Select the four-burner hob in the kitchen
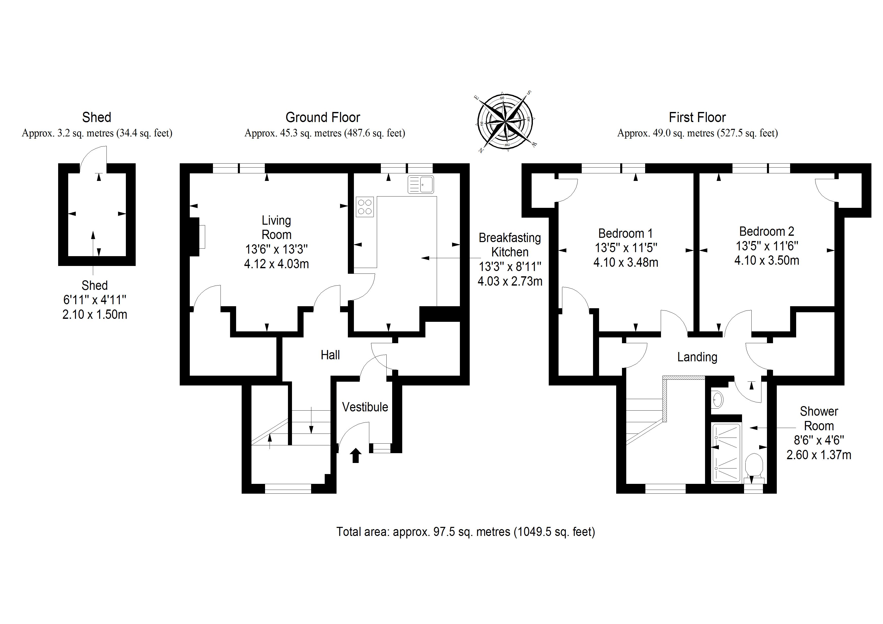[x=364, y=207]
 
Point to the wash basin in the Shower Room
[x=717, y=400]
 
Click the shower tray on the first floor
[x=726, y=452]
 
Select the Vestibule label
[x=365, y=407]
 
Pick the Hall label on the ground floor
[x=330, y=355]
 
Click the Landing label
[x=697, y=357]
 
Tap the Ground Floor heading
[x=323, y=117]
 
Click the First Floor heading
[x=697, y=117]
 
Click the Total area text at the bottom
[x=465, y=532]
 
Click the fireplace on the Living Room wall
[x=197, y=237]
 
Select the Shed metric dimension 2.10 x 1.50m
[x=95, y=315]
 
